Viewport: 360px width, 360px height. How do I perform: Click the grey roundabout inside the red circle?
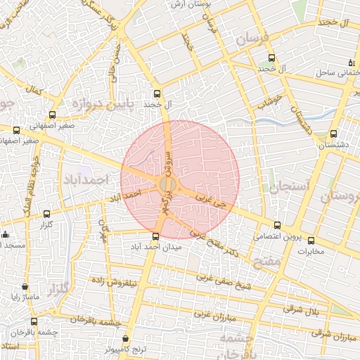[167, 184]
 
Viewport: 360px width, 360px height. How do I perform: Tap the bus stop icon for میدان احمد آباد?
[156, 236]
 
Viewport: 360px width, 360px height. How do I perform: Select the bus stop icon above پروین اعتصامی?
[277, 226]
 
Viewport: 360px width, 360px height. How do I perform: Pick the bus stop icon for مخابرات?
[311, 240]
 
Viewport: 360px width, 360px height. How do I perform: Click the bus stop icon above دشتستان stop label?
[333, 133]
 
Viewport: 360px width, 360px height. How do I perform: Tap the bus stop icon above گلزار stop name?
[47, 214]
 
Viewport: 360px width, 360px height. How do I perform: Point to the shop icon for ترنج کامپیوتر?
[126, 338]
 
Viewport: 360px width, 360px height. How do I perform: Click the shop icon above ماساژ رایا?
[26, 287]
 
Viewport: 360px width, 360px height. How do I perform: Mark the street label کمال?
[33, 91]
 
